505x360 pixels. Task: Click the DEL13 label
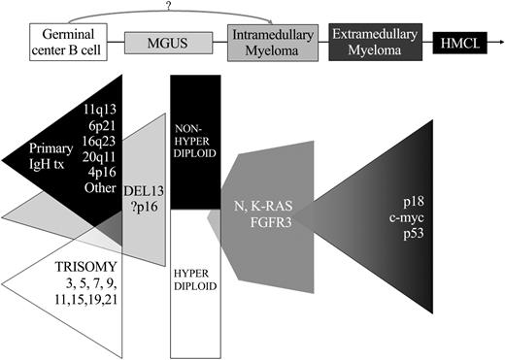pyautogui.click(x=147, y=190)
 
